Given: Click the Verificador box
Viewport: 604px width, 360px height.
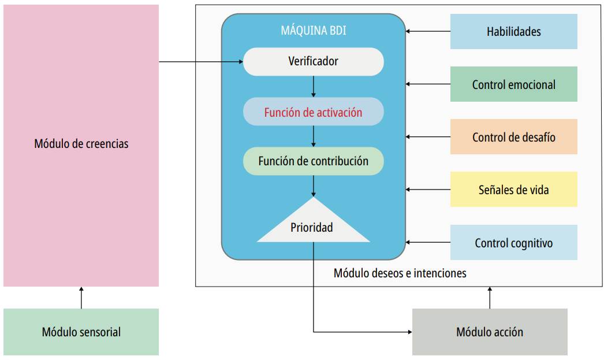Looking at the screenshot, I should [x=313, y=61].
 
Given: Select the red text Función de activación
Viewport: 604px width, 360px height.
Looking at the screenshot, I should [x=313, y=112].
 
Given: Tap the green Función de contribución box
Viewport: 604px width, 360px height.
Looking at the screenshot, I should [x=313, y=161].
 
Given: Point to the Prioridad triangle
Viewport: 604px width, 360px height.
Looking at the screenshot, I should [x=313, y=226].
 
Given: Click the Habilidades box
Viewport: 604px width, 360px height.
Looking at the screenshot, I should [x=513, y=32].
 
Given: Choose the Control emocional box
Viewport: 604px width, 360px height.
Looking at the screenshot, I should [x=513, y=84].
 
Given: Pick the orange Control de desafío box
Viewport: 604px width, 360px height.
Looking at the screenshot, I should [x=513, y=137].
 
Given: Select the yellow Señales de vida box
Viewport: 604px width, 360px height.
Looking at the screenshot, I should [x=513, y=190].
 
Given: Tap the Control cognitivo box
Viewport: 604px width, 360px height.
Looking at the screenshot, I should [x=513, y=243].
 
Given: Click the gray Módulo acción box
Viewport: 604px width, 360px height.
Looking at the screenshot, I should [x=490, y=332].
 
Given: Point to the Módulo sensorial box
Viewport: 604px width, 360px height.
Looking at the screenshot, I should [x=81, y=332].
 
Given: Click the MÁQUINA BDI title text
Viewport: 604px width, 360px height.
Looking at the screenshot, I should [x=313, y=30].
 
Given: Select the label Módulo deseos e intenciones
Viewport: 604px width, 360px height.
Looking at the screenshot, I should [x=400, y=273].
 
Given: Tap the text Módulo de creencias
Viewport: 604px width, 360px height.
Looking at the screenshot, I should [x=81, y=143].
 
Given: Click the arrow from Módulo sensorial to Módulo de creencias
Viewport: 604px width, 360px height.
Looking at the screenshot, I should [x=81, y=298].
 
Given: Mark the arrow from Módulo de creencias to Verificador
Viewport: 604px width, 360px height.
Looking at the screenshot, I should [x=201, y=61].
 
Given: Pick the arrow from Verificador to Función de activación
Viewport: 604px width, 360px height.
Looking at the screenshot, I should [x=313, y=87].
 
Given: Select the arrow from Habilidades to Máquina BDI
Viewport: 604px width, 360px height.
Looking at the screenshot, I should [x=428, y=32].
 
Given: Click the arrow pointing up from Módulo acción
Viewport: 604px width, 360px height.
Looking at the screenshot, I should [x=490, y=298].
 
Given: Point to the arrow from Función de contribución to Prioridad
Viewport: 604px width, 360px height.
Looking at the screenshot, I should [x=313, y=186].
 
